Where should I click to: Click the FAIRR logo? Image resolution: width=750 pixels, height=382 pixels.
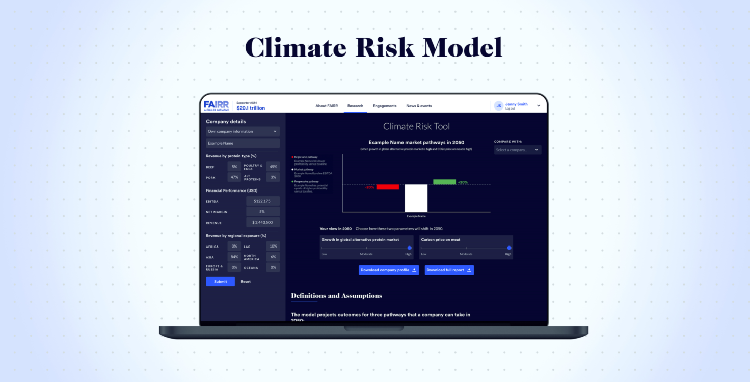[217, 105]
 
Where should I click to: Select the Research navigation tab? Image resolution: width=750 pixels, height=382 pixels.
[355, 106]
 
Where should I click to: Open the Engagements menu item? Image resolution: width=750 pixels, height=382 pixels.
[385, 106]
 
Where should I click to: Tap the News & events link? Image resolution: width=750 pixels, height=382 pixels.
[419, 106]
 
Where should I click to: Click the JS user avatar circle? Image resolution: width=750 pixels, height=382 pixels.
[499, 106]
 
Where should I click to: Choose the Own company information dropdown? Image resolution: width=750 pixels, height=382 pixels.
[243, 131]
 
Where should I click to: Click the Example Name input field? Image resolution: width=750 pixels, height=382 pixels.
[243, 143]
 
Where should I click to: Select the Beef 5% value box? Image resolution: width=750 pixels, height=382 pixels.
[234, 167]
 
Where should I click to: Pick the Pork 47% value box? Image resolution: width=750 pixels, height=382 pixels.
[234, 177]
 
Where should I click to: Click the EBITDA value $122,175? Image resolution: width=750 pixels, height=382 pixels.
[263, 201]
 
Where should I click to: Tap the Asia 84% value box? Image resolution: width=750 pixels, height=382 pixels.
[234, 257]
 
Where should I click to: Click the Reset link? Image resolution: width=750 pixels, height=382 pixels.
[246, 282]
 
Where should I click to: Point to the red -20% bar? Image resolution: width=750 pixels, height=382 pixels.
[387, 187]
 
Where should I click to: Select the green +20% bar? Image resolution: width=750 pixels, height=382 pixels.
[444, 182]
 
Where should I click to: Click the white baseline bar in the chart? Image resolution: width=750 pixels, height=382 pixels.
[416, 198]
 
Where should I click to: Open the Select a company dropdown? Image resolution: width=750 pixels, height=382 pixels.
[517, 150]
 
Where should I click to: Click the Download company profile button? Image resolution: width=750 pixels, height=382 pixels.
[389, 270]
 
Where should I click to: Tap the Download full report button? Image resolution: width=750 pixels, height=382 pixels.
[449, 270]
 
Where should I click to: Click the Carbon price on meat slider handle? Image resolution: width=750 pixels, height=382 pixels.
[509, 248]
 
